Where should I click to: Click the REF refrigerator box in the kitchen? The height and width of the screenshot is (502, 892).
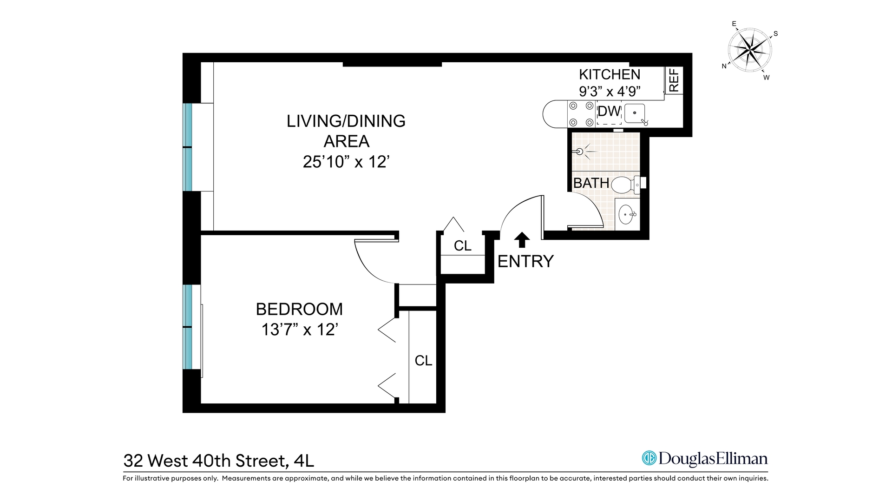[674, 80]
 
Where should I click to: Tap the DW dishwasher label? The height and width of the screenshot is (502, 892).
[609, 112]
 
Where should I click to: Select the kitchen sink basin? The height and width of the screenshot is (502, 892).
[635, 113]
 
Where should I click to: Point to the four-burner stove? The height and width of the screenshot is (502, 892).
[581, 114]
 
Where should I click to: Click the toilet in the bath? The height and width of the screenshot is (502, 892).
[624, 185]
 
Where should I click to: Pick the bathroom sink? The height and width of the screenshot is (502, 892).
[627, 214]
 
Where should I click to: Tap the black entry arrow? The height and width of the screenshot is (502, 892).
[522, 239]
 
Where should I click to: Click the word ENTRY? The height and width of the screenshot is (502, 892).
[525, 262]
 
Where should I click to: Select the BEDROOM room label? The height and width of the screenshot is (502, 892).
[299, 309]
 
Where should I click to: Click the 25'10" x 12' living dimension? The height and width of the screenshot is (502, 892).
[346, 162]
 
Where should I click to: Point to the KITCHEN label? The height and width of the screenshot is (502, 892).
[609, 74]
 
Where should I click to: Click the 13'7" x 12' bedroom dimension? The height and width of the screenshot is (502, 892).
[299, 330]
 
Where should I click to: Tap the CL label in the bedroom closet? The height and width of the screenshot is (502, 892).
[423, 361]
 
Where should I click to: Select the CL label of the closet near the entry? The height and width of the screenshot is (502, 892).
[462, 246]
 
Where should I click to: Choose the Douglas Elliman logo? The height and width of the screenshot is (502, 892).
[704, 458]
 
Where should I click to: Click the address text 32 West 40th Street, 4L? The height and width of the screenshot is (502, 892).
[218, 461]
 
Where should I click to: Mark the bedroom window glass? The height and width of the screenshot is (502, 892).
[187, 327]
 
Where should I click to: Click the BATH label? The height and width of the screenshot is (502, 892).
[591, 183]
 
